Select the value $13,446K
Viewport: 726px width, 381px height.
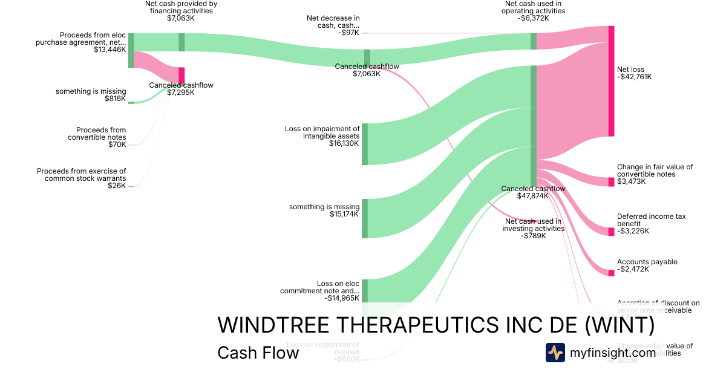(110, 50)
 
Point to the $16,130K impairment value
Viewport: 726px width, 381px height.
(344, 143)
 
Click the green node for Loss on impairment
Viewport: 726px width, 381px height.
(365, 144)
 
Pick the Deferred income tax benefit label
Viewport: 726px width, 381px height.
(651, 220)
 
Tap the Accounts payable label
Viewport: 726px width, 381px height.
(647, 262)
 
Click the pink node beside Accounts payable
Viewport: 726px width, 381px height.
(611, 273)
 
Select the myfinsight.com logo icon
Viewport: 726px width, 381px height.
(555, 353)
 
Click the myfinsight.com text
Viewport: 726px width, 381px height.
(613, 353)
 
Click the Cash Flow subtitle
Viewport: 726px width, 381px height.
(258, 353)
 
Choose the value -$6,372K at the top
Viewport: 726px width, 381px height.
(533, 18)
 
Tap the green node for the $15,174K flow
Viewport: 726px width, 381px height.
(365, 218)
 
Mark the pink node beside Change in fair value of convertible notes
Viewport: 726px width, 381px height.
(611, 182)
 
